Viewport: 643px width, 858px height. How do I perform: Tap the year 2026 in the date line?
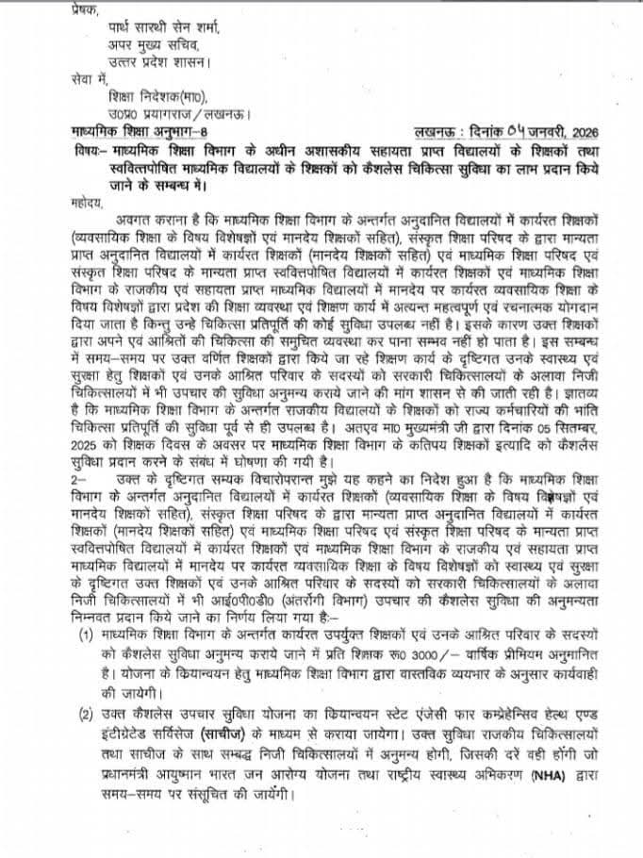[582, 133]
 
